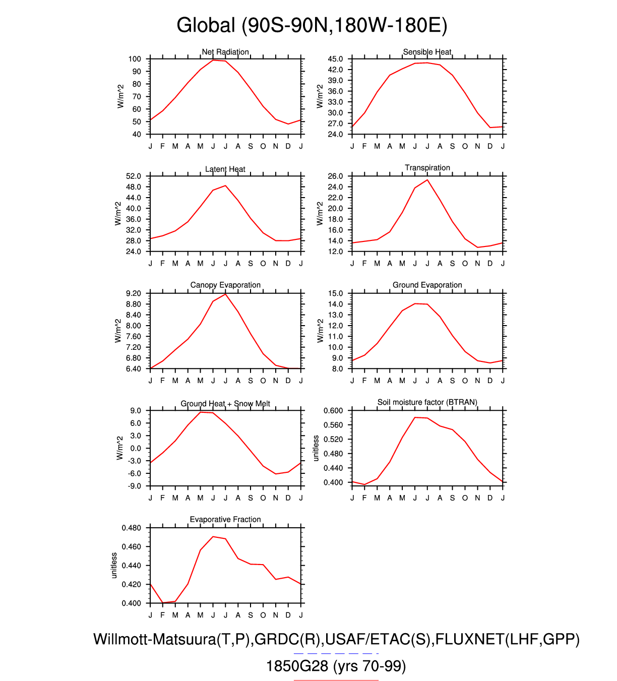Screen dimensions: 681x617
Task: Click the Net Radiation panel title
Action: tap(225, 52)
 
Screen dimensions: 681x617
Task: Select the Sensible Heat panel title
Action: tap(427, 52)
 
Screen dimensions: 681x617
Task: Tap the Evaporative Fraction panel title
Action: tap(225, 519)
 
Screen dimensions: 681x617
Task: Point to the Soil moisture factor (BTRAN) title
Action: tap(427, 402)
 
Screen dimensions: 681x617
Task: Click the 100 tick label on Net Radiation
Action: tap(135, 59)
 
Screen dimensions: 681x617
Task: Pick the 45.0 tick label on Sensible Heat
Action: tap(335, 59)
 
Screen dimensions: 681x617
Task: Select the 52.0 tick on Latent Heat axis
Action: tap(134, 176)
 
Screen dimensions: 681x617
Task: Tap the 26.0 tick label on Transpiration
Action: tap(335, 176)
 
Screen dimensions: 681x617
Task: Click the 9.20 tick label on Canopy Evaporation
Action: tap(134, 293)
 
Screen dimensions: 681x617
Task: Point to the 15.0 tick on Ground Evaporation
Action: tap(335, 293)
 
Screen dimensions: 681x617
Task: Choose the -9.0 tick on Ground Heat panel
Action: tap(135, 486)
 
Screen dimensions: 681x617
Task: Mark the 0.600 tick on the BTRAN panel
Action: tap(333, 411)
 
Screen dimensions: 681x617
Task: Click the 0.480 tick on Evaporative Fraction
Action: tap(132, 528)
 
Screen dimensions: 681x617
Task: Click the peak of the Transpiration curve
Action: tap(427, 180)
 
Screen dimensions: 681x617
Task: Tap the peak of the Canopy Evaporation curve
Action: tap(226, 294)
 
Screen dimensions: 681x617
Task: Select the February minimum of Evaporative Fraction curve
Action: tap(163, 602)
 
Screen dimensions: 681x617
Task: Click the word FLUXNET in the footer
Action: tap(470, 639)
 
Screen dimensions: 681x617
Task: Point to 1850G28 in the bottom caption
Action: tap(297, 666)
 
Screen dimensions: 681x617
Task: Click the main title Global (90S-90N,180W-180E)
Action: tap(312, 25)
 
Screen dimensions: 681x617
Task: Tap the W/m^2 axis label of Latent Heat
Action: tap(118, 213)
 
